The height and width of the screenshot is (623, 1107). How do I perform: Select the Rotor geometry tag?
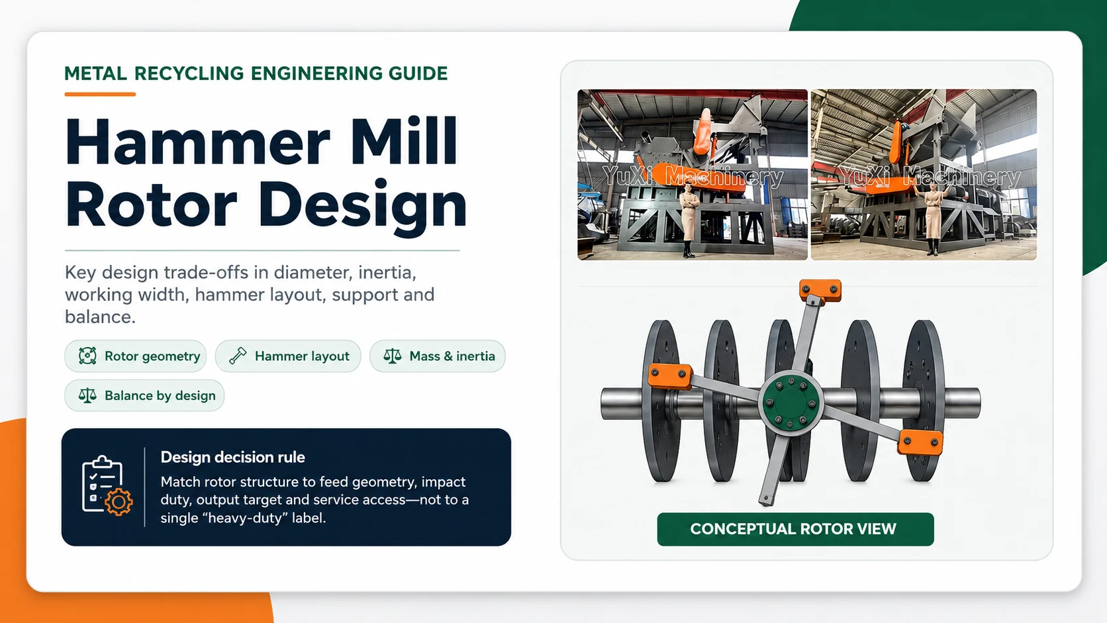pos(136,356)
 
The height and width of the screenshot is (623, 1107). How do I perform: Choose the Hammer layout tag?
pos(288,356)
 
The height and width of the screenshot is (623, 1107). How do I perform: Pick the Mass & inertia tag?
pos(438,356)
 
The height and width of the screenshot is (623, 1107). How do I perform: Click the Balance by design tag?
pos(144,395)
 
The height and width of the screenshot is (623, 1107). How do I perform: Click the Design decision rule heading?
pos(233,457)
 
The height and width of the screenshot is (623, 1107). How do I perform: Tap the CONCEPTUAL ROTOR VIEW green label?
pos(795,529)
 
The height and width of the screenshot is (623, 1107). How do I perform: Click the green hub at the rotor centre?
pos(791,403)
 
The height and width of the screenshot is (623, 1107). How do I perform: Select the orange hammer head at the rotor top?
pos(820,290)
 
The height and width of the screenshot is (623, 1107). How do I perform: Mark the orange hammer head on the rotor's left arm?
pos(669,376)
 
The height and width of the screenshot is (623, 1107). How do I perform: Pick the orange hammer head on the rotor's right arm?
pos(920,442)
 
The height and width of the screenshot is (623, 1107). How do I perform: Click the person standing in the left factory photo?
pos(689,219)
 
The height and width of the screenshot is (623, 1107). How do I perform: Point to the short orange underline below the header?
pos(100,94)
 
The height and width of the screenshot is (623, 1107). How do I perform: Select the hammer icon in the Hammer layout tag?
pos(238,356)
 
